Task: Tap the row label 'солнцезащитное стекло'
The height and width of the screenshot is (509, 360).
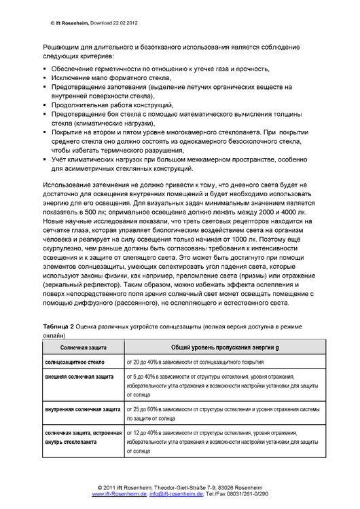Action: click(x=75, y=362)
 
